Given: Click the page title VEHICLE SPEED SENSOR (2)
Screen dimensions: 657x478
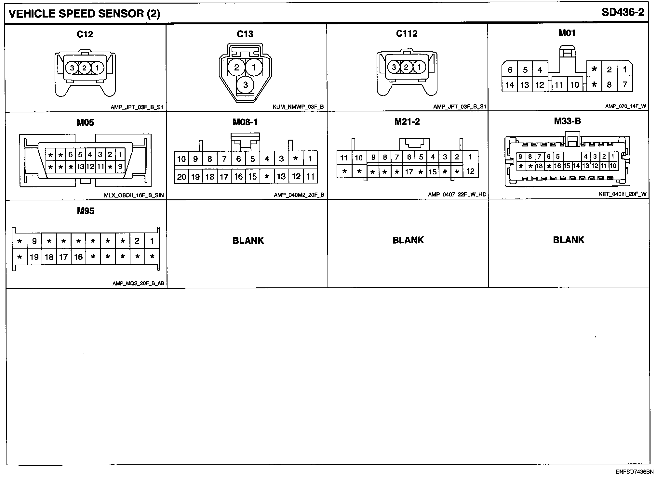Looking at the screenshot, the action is (84, 14).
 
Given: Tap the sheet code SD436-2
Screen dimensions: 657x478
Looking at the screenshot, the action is (623, 12).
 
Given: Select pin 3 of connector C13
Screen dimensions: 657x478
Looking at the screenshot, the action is (245, 85).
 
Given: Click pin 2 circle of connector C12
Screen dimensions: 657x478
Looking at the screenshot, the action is (85, 68).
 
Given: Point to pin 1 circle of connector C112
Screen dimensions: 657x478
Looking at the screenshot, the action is (419, 68).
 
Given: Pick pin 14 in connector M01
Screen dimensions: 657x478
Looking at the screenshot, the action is (509, 85).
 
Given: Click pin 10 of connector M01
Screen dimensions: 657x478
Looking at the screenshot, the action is (575, 85).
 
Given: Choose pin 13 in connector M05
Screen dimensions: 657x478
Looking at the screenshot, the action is (80, 167).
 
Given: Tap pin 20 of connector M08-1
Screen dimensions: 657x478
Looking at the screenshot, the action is (181, 177).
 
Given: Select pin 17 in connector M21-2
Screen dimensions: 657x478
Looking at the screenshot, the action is (409, 171).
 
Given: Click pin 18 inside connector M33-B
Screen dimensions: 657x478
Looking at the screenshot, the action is (539, 166).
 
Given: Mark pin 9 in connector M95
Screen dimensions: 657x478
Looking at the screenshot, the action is (34, 241).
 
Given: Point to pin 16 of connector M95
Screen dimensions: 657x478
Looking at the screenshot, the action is (78, 257).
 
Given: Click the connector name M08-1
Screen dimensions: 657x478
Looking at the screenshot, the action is (245, 122).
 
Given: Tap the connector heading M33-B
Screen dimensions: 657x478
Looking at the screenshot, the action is (567, 121).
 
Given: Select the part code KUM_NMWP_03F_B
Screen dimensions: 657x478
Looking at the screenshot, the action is (298, 107).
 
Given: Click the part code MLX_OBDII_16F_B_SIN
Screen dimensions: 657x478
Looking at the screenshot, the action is (134, 195).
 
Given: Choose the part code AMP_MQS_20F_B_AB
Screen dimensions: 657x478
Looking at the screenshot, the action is (138, 283).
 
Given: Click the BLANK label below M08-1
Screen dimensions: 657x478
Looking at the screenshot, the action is (248, 241).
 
